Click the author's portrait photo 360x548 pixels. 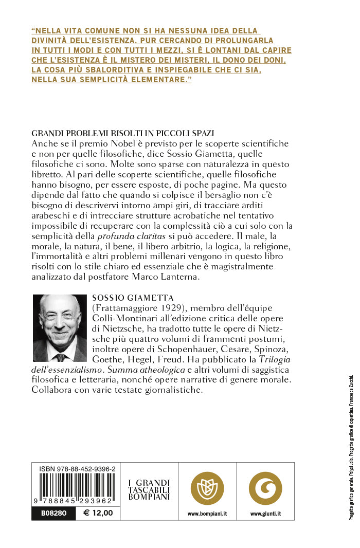60,327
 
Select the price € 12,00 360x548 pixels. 94,513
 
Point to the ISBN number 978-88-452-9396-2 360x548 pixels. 77,469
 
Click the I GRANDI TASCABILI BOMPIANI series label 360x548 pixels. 149,490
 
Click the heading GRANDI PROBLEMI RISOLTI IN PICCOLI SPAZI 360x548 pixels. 122,133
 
